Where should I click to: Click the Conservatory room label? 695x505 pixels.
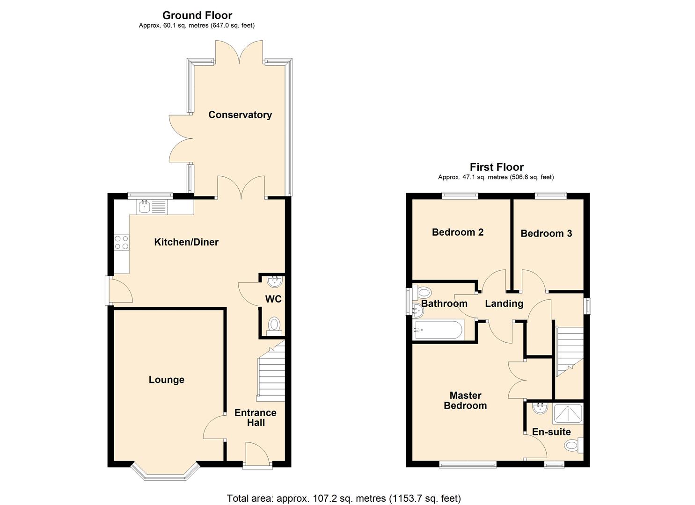coord(240,115)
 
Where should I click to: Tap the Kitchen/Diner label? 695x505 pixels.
coord(186,242)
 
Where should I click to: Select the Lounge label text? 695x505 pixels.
coord(166,380)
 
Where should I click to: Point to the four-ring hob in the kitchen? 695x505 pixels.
coord(121,242)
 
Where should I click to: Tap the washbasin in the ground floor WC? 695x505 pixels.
coord(274,281)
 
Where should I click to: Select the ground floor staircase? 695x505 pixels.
coord(271,374)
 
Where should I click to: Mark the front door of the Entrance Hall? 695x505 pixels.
coord(257,456)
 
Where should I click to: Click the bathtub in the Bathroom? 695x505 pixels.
coord(439,330)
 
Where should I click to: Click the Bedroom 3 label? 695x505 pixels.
coord(546,233)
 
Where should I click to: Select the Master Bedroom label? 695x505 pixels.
coord(465,400)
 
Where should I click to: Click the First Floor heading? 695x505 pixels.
coord(496,167)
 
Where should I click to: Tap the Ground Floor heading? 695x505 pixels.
coord(197,15)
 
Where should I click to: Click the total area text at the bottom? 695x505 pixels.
coord(344,498)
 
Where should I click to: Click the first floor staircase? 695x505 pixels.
coord(570,351)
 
